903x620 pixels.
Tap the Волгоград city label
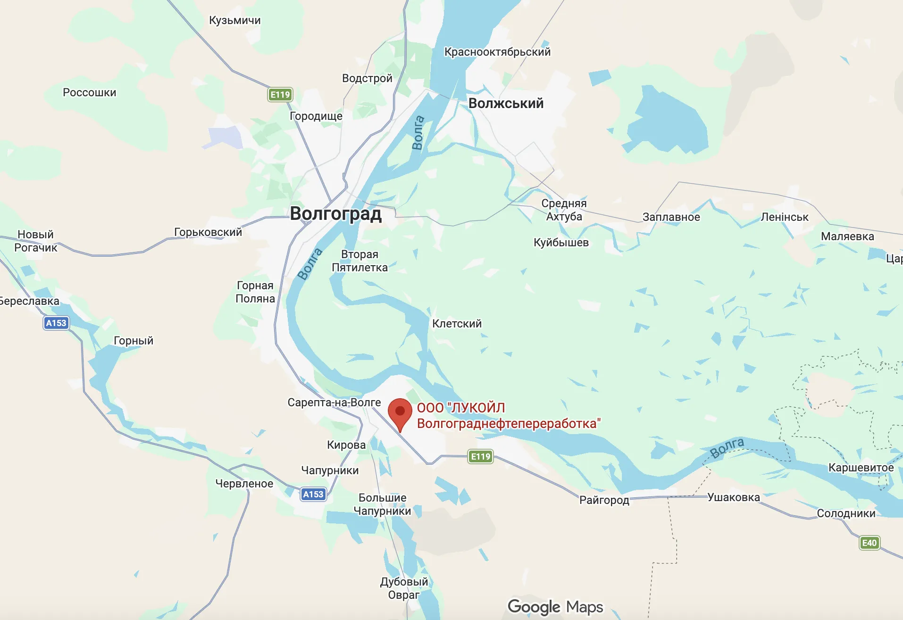click(335, 214)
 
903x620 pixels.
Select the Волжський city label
click(506, 103)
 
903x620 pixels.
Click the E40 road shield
click(869, 543)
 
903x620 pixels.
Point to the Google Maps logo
click(555, 607)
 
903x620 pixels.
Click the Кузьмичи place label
click(234, 20)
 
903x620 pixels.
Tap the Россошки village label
click(90, 92)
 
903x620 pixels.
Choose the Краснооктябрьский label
click(497, 52)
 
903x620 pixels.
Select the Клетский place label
click(457, 324)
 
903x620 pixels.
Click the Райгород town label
click(604, 500)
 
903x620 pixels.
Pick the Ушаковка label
click(734, 497)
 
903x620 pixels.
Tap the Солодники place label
click(846, 513)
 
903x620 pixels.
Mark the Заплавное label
click(671, 217)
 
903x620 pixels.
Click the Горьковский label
click(208, 232)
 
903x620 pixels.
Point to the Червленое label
click(244, 484)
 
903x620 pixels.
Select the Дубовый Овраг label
click(404, 588)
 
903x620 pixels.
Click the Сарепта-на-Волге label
click(334, 402)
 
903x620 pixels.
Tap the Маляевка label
click(847, 236)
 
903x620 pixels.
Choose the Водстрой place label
click(367, 78)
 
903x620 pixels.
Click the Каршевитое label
click(861, 468)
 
